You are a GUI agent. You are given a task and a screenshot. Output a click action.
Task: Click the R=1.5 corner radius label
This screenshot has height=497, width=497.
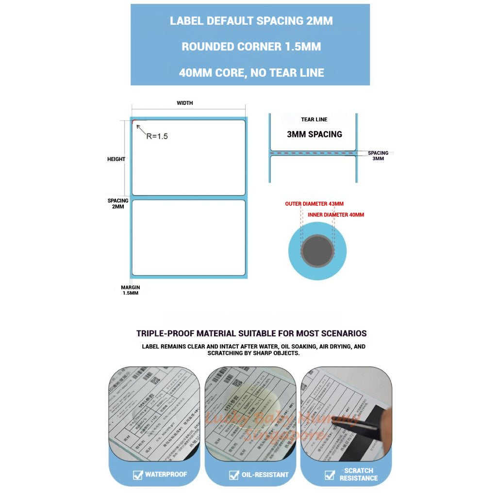[x=157, y=136]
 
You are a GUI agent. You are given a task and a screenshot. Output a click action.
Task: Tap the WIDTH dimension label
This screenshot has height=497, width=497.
[x=185, y=103]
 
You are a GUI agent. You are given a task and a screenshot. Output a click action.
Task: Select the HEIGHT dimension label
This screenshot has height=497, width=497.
[x=116, y=159]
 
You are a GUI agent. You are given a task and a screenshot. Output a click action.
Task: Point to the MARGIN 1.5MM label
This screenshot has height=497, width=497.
[x=130, y=290]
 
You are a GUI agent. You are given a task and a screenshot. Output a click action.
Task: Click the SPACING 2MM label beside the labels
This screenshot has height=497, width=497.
[x=118, y=203]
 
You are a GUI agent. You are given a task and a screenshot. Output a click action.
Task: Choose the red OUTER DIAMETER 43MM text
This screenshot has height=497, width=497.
[x=314, y=204]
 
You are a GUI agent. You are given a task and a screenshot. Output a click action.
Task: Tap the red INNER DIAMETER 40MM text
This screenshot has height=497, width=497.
[x=336, y=215]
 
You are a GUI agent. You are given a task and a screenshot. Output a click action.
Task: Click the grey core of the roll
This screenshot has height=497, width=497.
[x=317, y=250]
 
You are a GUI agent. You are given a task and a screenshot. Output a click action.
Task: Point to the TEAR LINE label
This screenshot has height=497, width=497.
[x=314, y=119]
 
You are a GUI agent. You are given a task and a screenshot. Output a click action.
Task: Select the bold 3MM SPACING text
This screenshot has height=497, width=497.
[x=314, y=134]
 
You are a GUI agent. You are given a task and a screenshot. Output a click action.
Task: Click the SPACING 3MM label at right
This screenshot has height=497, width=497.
[x=378, y=156]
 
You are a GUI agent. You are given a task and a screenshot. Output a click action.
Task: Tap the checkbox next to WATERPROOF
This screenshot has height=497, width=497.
[x=137, y=475]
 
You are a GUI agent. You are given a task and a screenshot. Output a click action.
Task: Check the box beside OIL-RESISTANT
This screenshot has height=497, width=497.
[x=234, y=475]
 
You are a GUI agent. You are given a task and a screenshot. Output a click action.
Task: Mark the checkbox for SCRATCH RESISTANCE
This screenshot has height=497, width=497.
[x=330, y=475]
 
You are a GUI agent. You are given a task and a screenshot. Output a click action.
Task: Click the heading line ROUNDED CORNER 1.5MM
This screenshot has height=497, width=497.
[x=251, y=47]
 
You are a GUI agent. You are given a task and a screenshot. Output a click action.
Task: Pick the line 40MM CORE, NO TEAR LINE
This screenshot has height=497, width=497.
[x=251, y=73]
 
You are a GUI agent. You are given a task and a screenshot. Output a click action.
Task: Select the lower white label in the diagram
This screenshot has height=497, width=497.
[x=189, y=238]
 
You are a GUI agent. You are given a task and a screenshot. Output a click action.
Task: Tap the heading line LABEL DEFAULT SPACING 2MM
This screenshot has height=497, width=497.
[x=251, y=21]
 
